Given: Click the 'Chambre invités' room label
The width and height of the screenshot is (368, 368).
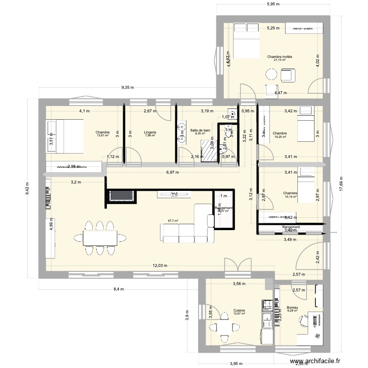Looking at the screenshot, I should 279,57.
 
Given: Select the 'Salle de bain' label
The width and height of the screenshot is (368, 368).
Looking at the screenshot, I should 200,130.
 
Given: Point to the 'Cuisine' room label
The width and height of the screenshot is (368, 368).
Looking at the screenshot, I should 239,310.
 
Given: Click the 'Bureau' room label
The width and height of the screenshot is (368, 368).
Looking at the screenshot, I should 292,308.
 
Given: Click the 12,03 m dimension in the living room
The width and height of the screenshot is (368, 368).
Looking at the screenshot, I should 160,265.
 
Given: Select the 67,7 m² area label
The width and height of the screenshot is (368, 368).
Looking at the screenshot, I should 173,221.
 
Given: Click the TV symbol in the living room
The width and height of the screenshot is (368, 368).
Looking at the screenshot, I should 174,195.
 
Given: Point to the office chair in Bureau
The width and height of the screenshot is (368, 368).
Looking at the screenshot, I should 303,320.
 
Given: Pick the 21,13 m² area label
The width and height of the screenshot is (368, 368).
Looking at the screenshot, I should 279,61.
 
